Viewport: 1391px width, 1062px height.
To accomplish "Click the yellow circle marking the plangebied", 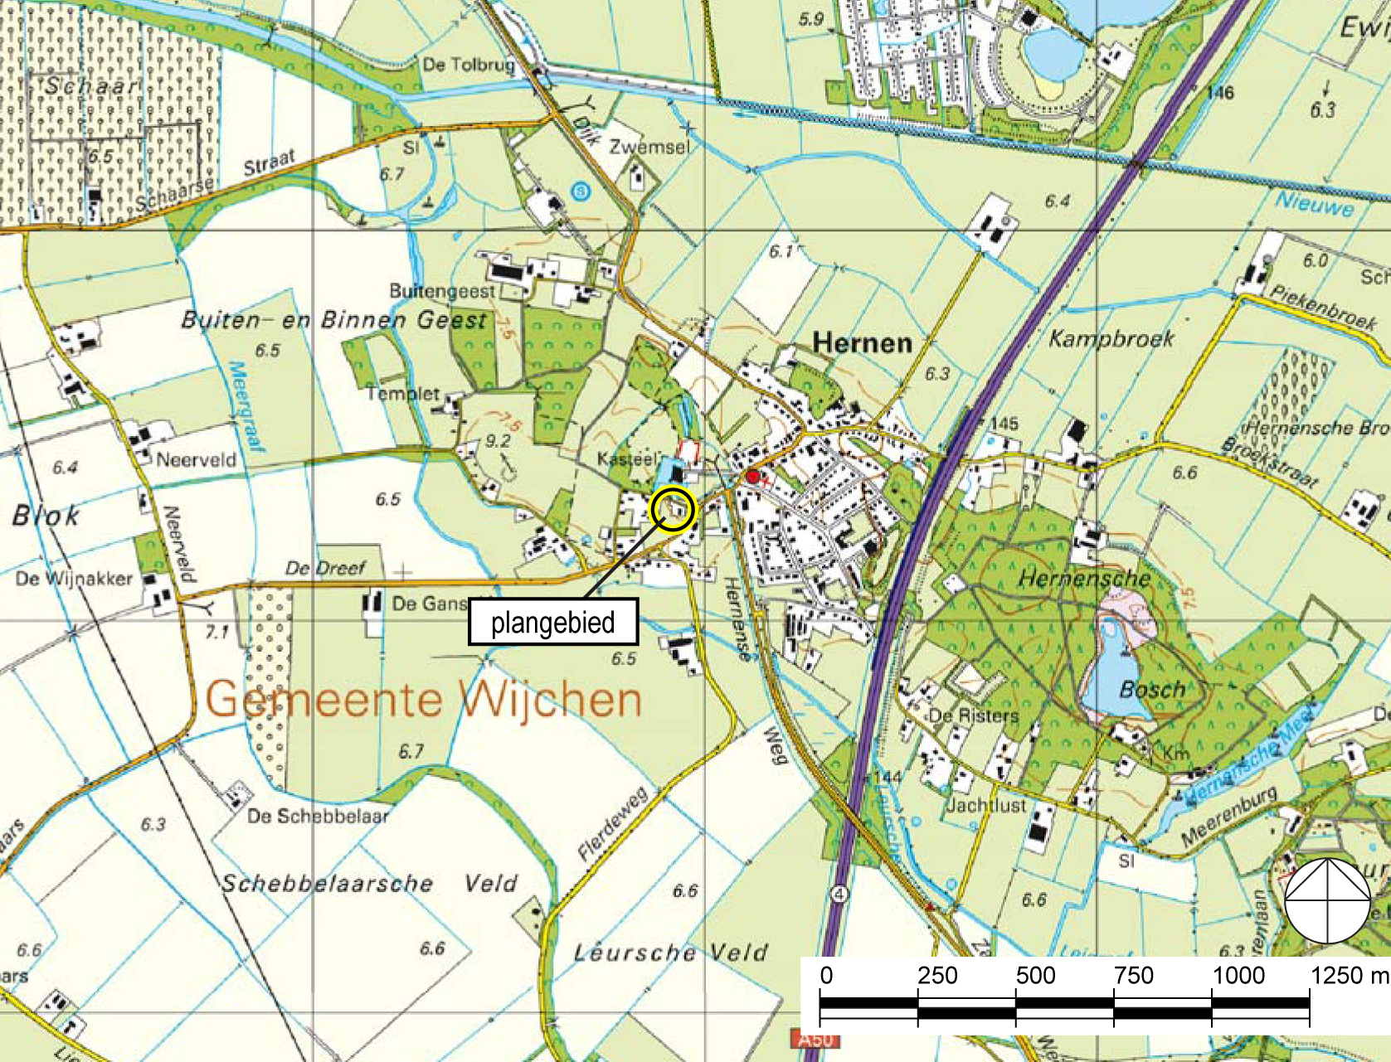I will (673, 508).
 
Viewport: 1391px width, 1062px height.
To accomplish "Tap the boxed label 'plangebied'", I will (552, 622).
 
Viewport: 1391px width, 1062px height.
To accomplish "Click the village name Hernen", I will (862, 342).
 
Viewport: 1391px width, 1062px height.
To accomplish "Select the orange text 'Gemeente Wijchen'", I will (423, 699).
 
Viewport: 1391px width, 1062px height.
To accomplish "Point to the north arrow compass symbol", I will (1327, 900).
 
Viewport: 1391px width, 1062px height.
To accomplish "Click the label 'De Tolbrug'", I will (469, 65).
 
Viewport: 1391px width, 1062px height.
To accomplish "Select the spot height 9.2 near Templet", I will (498, 441).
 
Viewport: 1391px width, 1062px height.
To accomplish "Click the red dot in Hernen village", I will (752, 476).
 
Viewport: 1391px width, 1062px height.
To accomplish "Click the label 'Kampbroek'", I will (1111, 338).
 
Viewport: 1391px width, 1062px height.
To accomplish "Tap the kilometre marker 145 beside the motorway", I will (1004, 424).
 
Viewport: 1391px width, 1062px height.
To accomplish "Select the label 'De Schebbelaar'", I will (318, 816).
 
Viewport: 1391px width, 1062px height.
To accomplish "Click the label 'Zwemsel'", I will (649, 147).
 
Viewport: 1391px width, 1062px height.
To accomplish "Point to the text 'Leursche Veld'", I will (670, 953).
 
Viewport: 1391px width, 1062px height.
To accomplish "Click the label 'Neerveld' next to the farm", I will (197, 459).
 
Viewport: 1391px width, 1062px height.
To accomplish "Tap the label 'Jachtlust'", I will (986, 805).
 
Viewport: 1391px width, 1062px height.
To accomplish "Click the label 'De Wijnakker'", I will (74, 578).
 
